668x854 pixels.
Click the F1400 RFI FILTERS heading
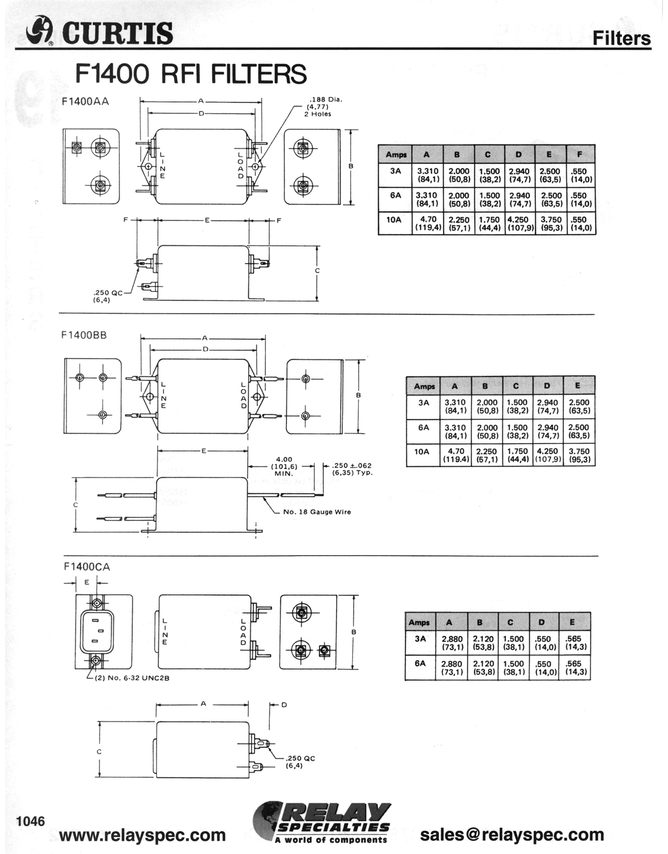point(191,73)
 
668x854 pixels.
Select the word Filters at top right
point(622,38)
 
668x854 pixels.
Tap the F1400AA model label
point(85,101)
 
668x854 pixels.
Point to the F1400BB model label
point(84,335)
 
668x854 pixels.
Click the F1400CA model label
point(87,566)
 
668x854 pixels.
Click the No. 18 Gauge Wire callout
point(317,512)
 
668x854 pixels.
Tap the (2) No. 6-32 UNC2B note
point(132,678)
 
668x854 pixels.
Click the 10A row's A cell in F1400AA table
point(428,223)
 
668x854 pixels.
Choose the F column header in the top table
point(580,154)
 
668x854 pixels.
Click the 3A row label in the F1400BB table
point(423,403)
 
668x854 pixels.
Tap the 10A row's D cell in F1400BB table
point(547,455)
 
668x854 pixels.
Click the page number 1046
point(31,821)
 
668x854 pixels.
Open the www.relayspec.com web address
point(142,835)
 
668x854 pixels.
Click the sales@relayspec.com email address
point(512,835)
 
